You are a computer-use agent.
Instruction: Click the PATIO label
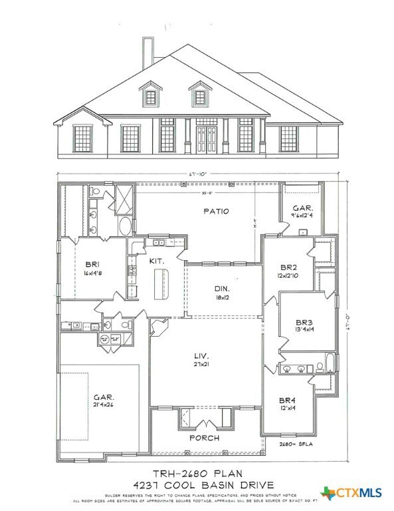coord(217,211)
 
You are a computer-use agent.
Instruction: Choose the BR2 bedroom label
coord(288,265)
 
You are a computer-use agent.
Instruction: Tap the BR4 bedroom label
coord(287,400)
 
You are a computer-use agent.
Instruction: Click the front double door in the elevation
coord(203,139)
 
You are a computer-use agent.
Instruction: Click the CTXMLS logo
coord(352,494)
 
